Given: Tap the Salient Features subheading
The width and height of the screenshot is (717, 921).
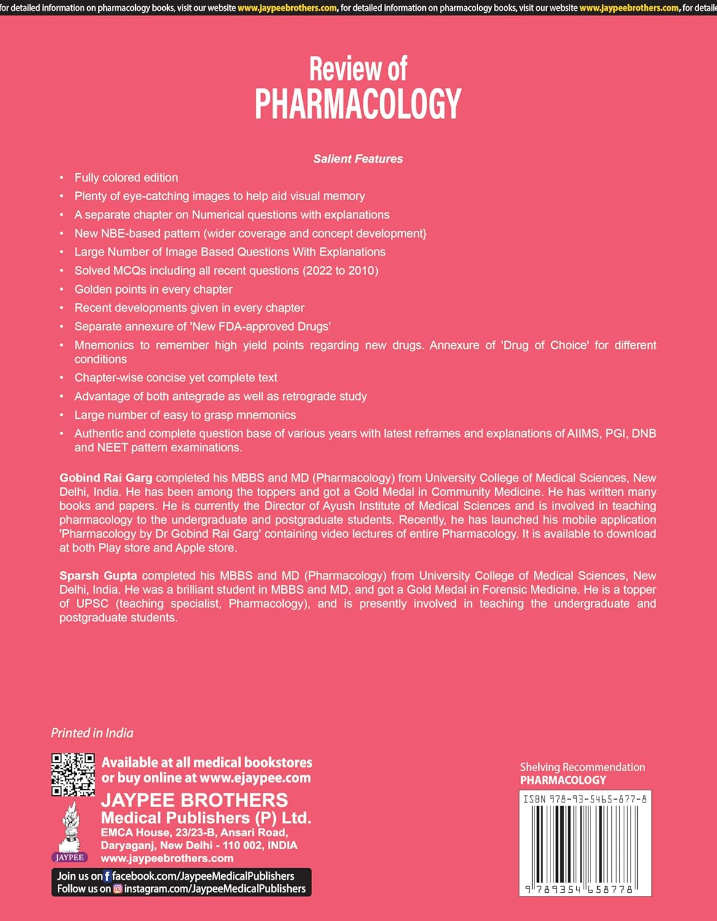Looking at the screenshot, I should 358,159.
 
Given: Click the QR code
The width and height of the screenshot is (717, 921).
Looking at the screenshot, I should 72,774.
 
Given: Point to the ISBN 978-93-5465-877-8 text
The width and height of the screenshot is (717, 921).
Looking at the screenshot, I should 584,799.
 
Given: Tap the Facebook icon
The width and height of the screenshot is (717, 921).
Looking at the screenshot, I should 108,876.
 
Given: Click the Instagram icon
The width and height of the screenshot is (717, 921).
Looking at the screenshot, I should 117,888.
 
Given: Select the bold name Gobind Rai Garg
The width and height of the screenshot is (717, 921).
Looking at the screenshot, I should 106,478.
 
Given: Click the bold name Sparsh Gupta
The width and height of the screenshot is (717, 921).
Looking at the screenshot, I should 98,575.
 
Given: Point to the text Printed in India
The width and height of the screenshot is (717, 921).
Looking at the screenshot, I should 92,733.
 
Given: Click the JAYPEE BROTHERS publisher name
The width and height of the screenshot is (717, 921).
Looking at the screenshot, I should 194,800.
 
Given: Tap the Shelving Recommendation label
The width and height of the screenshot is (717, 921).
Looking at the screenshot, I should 582,767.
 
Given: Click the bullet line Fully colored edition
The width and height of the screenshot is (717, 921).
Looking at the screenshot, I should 126,177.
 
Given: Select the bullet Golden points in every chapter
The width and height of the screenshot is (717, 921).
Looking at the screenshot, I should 154,289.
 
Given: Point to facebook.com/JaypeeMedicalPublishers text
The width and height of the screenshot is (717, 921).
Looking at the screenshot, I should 203,876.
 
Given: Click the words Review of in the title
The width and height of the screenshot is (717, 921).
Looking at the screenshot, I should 358,69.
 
